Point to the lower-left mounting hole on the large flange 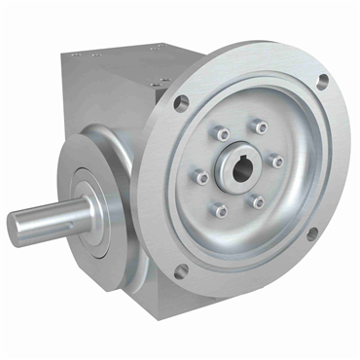click(179, 269)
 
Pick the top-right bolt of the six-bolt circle click(258, 126)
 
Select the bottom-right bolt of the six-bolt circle click(258, 201)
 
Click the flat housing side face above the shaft click(92, 97)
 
